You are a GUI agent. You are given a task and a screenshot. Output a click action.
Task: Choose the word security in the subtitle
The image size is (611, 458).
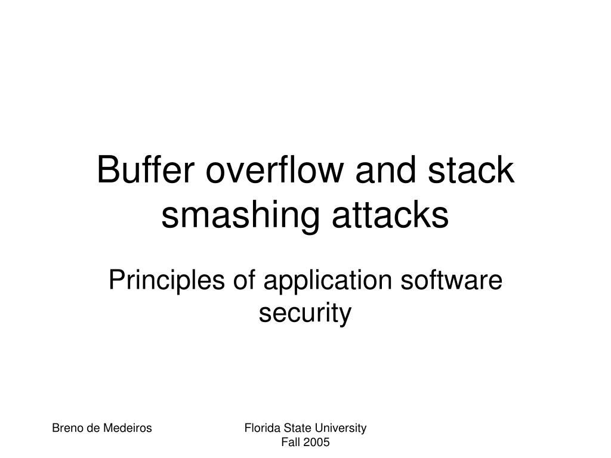[x=305, y=313]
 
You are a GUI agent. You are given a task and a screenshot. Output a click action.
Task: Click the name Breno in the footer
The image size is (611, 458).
[x=67, y=428]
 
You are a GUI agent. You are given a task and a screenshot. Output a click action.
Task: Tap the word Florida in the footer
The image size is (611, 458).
[x=260, y=428]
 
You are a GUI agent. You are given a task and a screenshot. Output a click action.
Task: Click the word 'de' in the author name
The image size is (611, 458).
[x=92, y=428]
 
